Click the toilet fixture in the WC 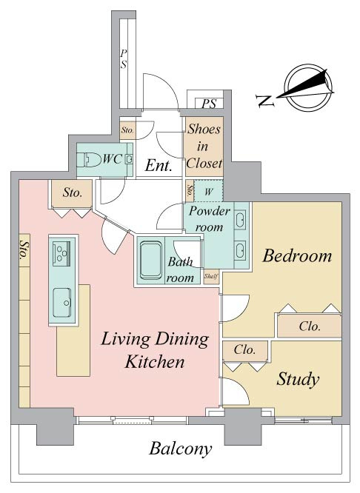tap(88, 160)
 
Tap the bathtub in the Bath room tap(150, 261)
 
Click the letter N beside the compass tap(265, 100)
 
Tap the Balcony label tap(180, 449)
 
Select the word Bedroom tap(297, 255)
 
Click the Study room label tap(297, 379)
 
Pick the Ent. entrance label tap(159, 166)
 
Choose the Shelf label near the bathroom tap(211, 276)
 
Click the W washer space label tap(209, 192)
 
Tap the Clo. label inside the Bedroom tap(310, 326)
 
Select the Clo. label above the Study tap(244, 349)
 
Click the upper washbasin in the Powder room tap(241, 219)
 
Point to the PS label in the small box tap(209, 104)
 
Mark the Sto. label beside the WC tap(127, 130)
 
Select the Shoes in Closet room tap(204, 147)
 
